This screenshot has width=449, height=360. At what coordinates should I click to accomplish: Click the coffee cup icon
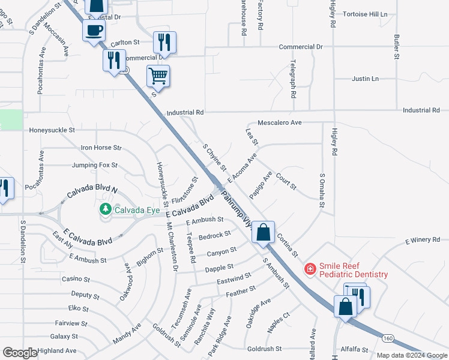pos(94,30)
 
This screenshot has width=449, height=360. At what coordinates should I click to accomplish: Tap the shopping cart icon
pos(158,76)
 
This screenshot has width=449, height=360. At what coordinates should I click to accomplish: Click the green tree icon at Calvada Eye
pos(106,209)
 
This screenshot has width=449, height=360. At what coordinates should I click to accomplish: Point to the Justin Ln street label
pos(365,79)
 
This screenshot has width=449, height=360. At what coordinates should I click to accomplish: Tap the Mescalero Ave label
pos(279,122)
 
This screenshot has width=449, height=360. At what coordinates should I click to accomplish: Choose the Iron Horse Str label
pos(101,147)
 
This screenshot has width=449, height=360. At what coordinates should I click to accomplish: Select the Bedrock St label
pos(215,235)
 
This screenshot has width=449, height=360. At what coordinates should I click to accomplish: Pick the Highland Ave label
pos(56,350)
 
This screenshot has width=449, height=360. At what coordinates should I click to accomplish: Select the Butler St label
pos(397,47)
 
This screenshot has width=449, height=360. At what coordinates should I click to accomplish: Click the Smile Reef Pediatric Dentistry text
pos(353,269)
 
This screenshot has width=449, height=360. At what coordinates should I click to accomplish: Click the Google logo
pos(20,353)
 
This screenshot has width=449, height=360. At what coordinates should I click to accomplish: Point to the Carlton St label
pos(125,43)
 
